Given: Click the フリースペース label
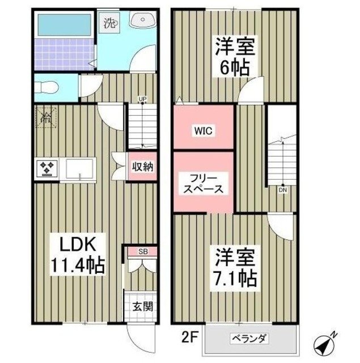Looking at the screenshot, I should tap(202, 183).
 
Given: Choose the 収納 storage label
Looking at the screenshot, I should tap(142, 167).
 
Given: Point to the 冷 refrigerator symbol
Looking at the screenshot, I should tap(45, 118).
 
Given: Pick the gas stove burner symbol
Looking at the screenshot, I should tap(46, 168).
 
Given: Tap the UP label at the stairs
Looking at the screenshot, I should tap(143, 100).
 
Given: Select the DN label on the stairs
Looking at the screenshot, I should tap(282, 190).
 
